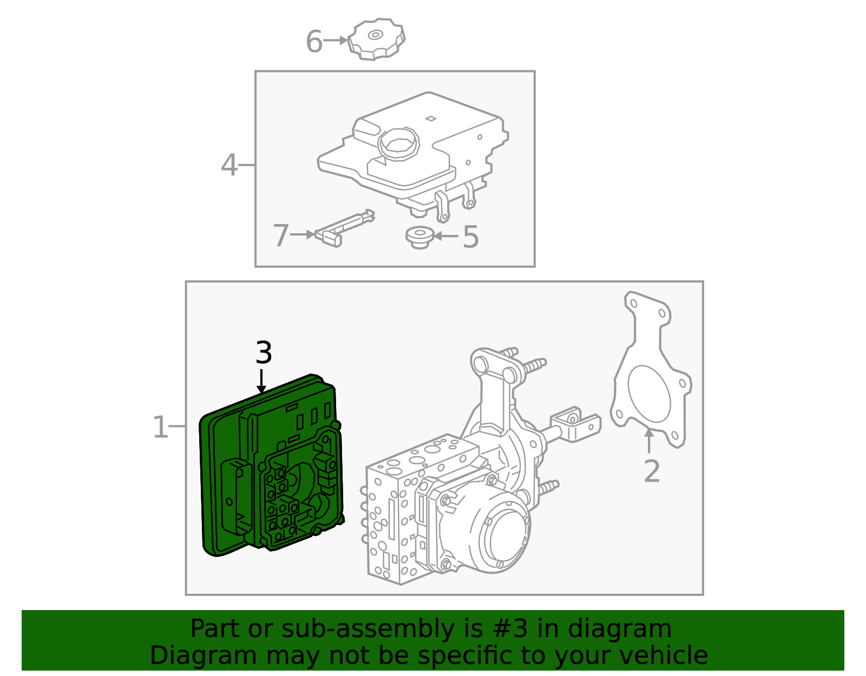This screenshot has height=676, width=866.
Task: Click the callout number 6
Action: click(314, 42)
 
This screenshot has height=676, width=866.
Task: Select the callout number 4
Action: click(229, 165)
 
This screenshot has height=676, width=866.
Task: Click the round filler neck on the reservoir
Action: click(399, 144)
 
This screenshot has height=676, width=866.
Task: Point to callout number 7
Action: click(280, 235)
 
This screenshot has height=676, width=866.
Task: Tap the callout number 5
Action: click(471, 237)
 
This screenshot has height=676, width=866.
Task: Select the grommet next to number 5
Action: click(419, 237)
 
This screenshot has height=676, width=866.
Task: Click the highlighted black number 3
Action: click(263, 353)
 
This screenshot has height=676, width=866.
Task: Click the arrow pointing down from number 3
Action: click(261, 382)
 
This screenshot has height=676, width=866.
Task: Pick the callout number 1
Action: click(160, 428)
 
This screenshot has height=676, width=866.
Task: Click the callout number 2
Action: click(652, 471)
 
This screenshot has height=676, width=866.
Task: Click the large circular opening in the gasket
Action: click(649, 393)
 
